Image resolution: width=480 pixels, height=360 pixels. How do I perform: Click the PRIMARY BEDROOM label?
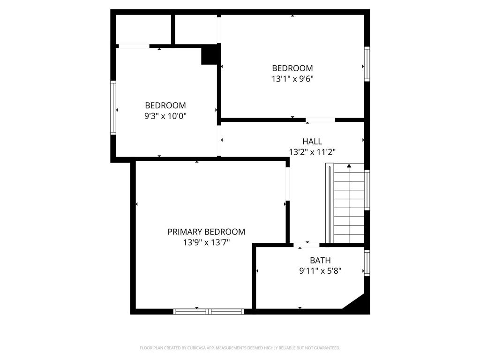[206, 232]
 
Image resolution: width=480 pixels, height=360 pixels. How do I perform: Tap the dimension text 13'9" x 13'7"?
[206, 242]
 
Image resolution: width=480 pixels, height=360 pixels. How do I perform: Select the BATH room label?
[320, 260]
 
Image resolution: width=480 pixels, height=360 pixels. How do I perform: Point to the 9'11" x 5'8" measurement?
[320, 270]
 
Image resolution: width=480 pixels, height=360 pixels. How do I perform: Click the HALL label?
[312, 141]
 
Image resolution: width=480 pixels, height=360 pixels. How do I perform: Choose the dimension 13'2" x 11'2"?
[312, 152]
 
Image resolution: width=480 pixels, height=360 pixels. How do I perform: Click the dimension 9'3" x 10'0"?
[165, 116]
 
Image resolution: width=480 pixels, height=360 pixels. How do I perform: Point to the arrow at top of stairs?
[349, 166]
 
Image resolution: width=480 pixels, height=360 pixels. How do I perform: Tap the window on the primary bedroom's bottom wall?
[209, 311]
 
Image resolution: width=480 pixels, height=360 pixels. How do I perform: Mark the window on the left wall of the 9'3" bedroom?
[113, 108]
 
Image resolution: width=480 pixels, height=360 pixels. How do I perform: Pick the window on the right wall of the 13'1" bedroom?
[367, 64]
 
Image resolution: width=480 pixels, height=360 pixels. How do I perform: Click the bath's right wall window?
[367, 262]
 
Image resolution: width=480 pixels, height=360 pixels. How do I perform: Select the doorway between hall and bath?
[307, 244]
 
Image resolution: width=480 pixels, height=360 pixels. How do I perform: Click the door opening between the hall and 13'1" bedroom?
[321, 120]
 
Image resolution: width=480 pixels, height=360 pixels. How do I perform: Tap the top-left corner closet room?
[143, 30]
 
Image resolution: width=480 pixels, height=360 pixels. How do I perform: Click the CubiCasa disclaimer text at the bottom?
[240, 348]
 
